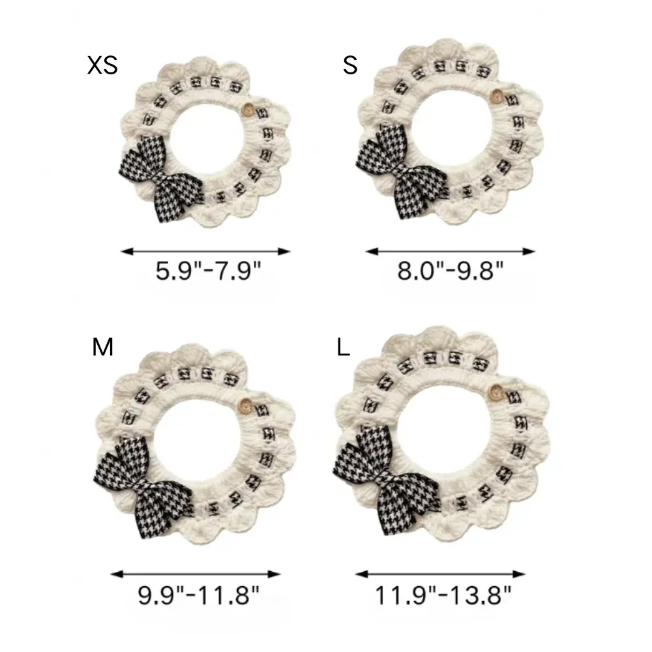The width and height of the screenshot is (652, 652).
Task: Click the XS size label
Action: coord(102,65)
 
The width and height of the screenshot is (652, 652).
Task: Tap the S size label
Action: coord(350,65)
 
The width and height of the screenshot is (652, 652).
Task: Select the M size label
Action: coord(102,347)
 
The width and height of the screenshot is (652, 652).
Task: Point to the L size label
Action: coord(343,347)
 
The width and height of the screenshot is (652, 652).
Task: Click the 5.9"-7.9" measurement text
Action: coord(208,271)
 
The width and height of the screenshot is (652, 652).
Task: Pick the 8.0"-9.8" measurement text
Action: coord(451,271)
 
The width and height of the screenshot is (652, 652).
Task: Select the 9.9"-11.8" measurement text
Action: coord(198,595)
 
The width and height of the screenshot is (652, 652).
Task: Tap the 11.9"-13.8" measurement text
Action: coord(443,595)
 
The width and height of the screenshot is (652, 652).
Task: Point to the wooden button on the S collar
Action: coord(496,96)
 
